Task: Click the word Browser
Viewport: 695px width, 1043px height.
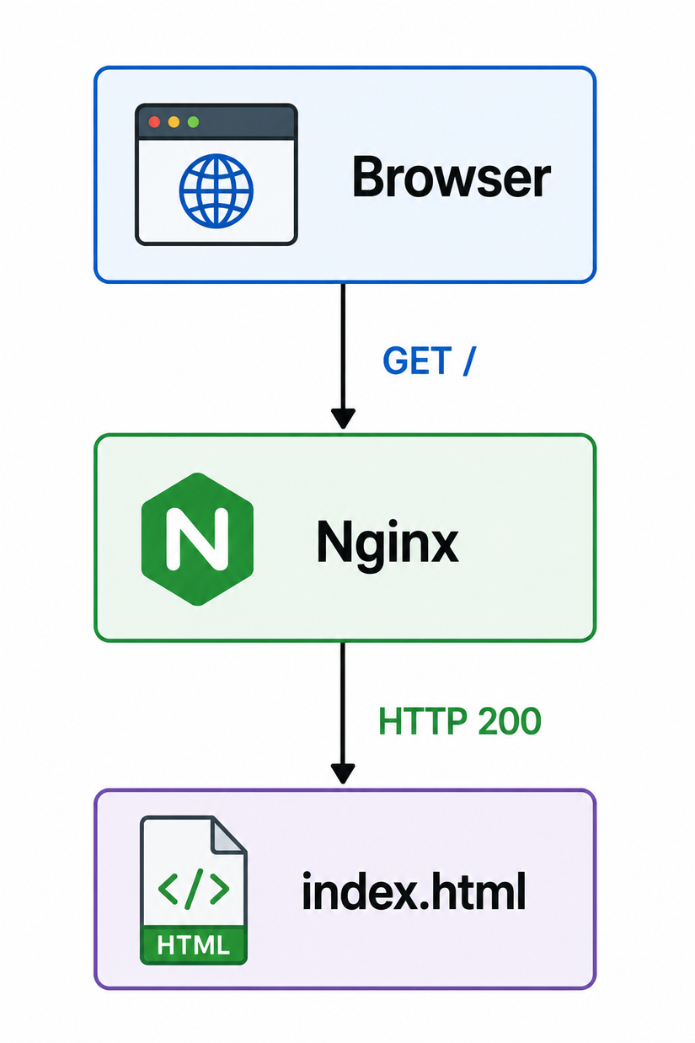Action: (451, 177)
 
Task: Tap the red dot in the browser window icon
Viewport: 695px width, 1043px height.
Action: (154, 122)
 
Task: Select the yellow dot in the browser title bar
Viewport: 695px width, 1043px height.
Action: (174, 122)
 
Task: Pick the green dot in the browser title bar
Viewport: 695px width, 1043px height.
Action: (193, 122)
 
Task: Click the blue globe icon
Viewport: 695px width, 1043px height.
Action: (217, 191)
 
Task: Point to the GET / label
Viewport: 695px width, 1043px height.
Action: (429, 361)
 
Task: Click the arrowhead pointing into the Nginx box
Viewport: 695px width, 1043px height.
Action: (343, 418)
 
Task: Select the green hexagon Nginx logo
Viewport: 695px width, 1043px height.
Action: (197, 538)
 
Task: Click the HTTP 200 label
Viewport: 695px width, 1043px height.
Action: (460, 721)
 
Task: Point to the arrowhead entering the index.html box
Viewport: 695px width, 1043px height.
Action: (343, 773)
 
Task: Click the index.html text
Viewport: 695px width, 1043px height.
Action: (414, 891)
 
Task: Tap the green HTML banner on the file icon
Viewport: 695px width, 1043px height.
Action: (194, 945)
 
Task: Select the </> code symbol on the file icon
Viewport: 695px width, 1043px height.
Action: (194, 889)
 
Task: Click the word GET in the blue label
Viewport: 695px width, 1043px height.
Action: (417, 361)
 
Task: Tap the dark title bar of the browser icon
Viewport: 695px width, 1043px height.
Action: (217, 122)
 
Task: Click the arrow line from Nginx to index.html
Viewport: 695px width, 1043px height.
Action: (343, 713)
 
